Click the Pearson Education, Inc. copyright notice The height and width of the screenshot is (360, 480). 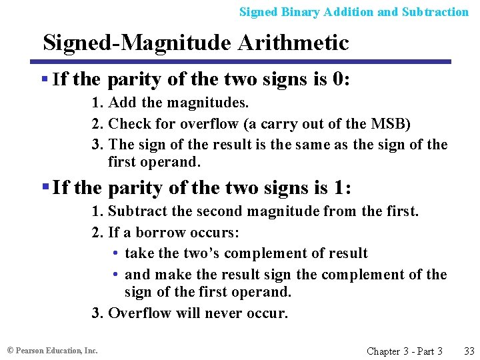click(53, 350)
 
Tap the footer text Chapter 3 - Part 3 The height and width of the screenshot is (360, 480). click(405, 351)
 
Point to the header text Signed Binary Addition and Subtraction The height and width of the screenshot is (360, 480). click(354, 12)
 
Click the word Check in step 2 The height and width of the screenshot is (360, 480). click(126, 124)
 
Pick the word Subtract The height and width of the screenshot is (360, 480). click(137, 212)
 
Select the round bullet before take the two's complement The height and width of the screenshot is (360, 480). click(116, 254)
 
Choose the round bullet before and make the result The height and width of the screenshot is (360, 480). click(116, 275)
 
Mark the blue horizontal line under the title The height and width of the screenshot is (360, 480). click(247, 62)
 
